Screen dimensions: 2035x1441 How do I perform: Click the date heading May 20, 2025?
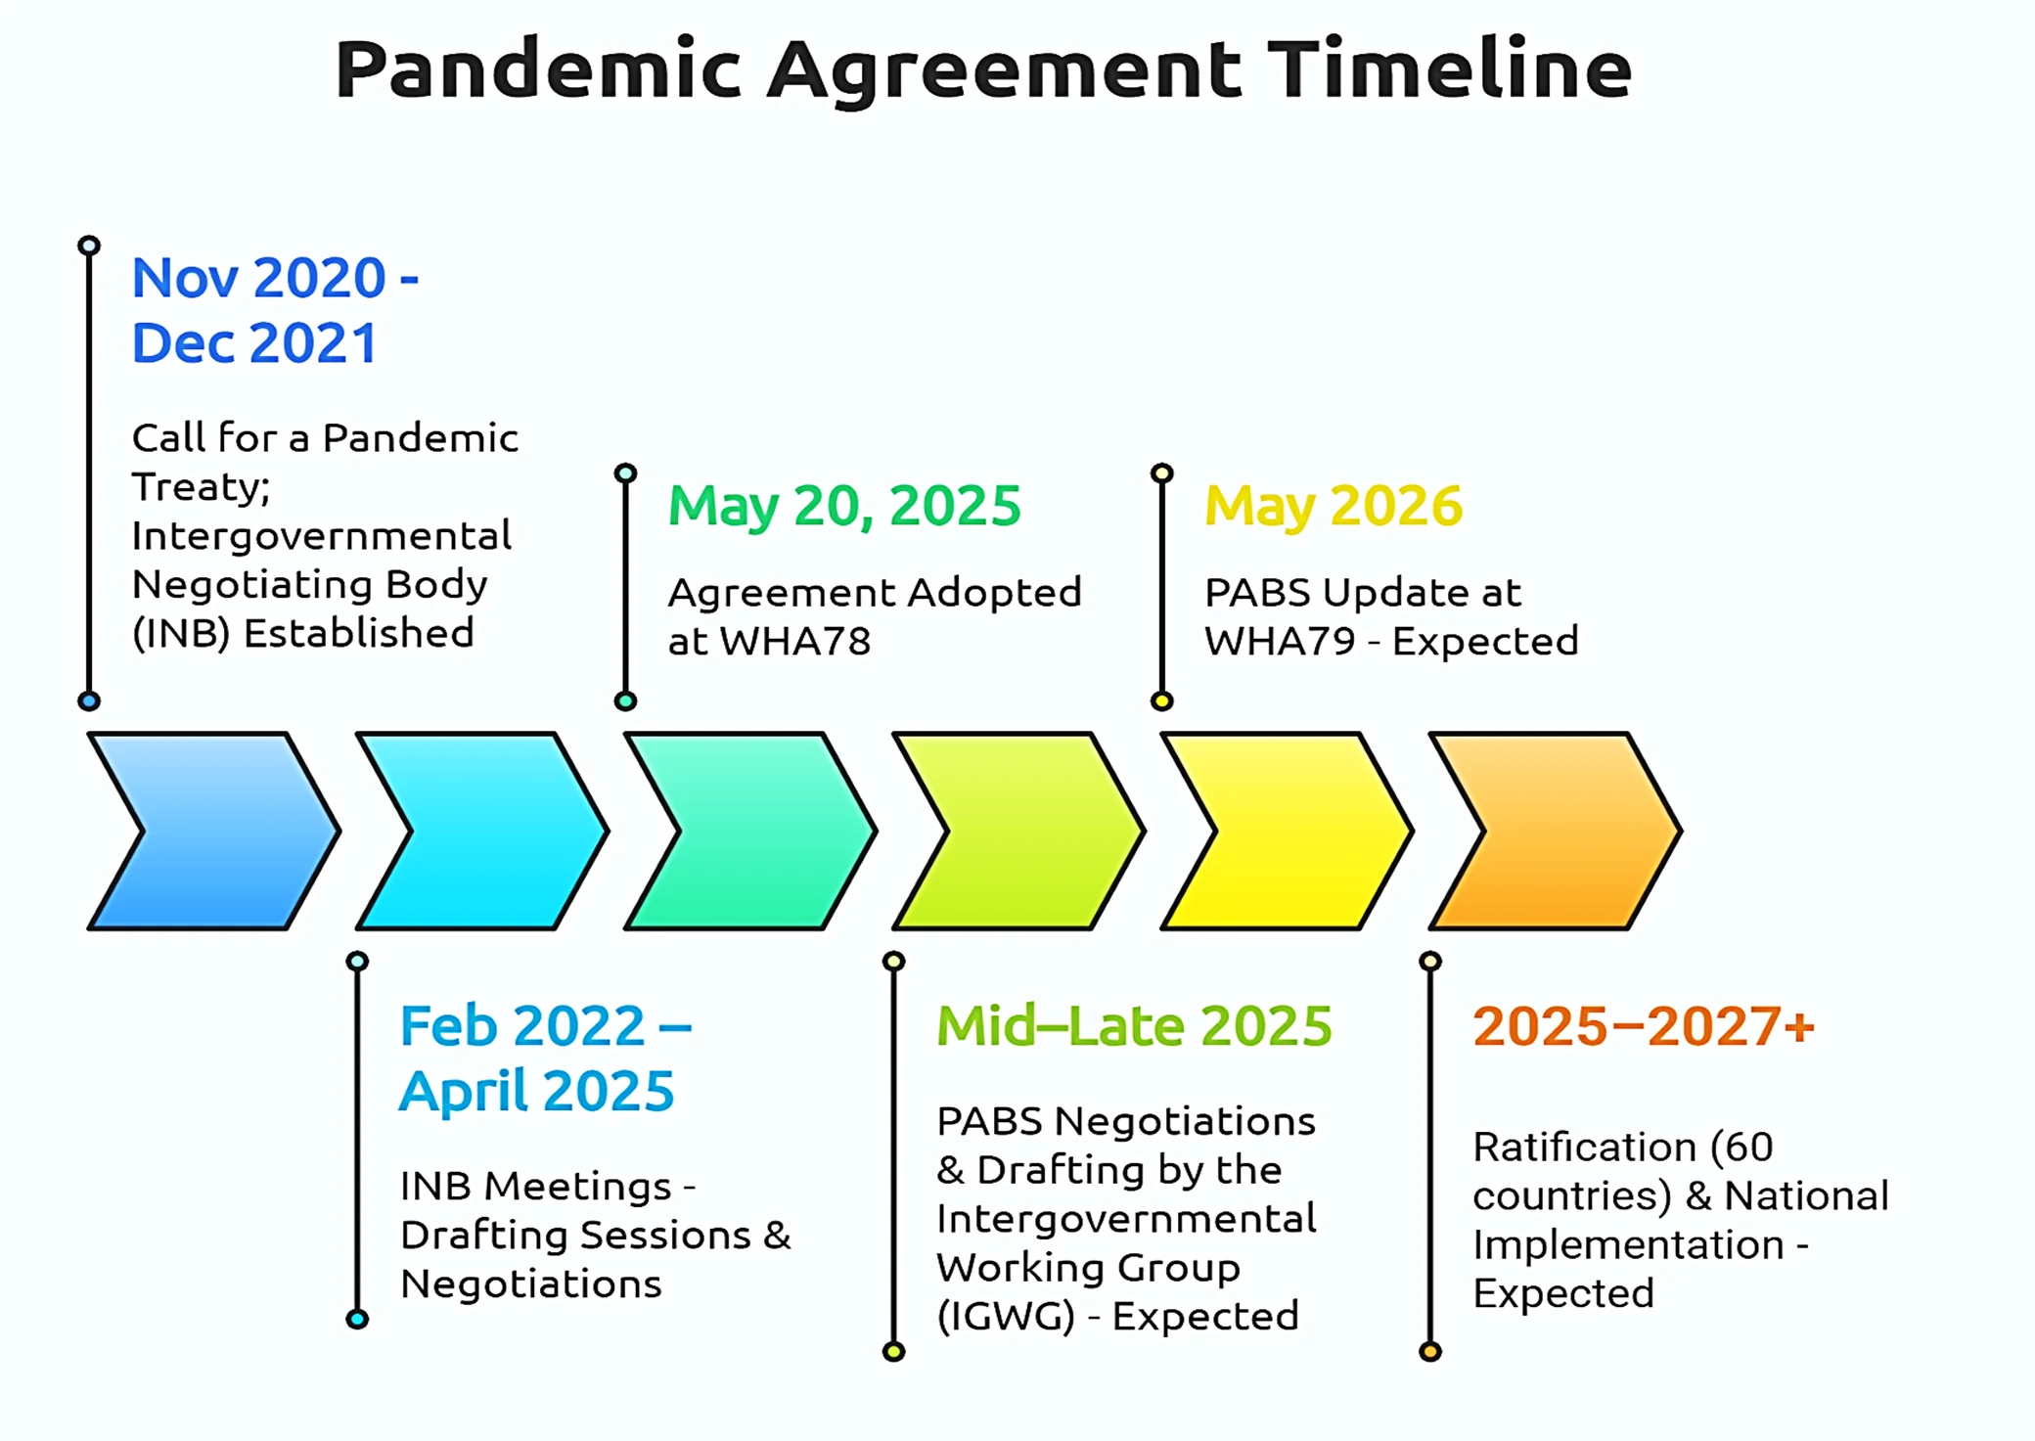click(x=844, y=507)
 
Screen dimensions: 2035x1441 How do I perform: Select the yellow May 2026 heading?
click(x=1334, y=507)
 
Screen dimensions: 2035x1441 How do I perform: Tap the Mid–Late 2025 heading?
click(x=1134, y=1026)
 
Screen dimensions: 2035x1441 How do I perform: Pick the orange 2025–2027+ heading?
click(x=1644, y=1026)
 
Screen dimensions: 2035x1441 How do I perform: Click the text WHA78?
click(x=795, y=642)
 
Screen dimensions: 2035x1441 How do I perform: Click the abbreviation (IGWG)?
click(x=1006, y=1317)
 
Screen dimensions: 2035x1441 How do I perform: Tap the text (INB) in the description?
click(x=181, y=634)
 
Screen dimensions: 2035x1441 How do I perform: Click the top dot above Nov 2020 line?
click(x=89, y=245)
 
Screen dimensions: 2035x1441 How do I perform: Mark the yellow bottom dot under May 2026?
click(x=1162, y=700)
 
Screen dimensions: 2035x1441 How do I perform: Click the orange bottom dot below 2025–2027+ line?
click(x=1430, y=1352)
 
